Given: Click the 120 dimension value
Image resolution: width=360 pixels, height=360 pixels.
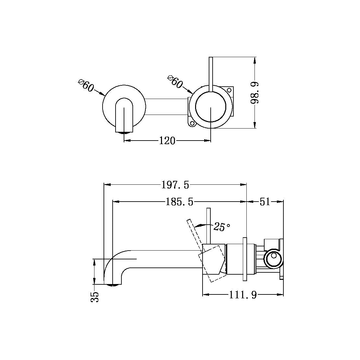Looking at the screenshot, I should [167, 141].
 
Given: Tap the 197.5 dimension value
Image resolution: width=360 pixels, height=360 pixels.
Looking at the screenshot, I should [175, 185].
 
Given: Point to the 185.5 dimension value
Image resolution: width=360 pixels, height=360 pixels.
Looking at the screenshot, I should [180, 202].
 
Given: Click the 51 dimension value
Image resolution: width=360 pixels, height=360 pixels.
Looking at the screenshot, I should [265, 202].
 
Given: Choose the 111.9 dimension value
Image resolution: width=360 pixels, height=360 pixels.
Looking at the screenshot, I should [243, 295].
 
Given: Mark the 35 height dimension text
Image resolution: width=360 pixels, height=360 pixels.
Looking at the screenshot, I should [94, 296].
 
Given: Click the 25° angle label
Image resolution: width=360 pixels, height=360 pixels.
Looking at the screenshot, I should [222, 227].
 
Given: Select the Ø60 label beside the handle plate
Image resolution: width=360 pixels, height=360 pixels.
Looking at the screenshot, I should [175, 82].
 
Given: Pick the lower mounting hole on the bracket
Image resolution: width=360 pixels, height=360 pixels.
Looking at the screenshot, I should [192, 123].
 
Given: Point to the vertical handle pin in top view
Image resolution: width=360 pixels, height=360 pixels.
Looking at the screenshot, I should [211, 73].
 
